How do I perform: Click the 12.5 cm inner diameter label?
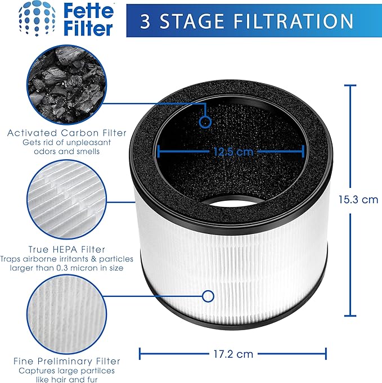click(232, 151)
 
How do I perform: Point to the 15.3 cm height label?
click(357, 199)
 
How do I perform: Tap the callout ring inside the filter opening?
click(205, 121)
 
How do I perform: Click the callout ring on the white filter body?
click(208, 296)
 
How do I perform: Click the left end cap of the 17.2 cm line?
click(140, 354)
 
